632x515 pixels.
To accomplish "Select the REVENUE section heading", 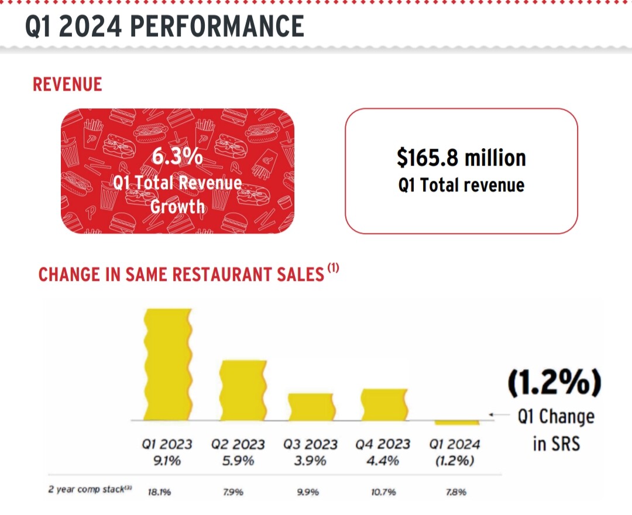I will click(x=67, y=84).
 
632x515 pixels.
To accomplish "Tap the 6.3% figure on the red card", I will click(x=177, y=157).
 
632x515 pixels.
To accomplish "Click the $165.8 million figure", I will click(x=461, y=158).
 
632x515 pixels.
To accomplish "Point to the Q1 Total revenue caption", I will click(x=461, y=186).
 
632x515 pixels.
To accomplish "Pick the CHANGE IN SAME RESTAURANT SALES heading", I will click(x=181, y=274).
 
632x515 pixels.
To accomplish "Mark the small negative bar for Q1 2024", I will click(x=456, y=423).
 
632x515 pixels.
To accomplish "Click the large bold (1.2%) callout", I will click(x=554, y=384).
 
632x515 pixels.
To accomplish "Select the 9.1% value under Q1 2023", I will click(x=167, y=461).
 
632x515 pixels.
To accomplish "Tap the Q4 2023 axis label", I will click(x=383, y=445).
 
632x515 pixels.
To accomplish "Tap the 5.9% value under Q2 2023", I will click(x=238, y=461).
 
